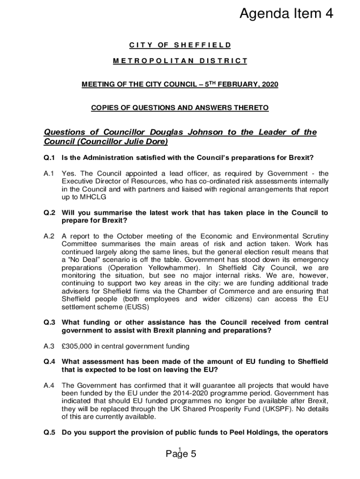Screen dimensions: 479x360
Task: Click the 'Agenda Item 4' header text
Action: click(x=286, y=15)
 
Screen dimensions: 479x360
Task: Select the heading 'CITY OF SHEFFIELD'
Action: click(x=180, y=45)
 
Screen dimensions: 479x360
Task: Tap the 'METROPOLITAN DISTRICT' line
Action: click(x=180, y=61)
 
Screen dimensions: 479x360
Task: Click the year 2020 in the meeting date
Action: click(x=269, y=85)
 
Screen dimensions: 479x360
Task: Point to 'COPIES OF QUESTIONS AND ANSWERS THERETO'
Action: click(x=180, y=108)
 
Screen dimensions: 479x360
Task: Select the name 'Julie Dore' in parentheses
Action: click(x=144, y=141)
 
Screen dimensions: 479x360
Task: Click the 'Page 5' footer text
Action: click(x=180, y=454)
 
